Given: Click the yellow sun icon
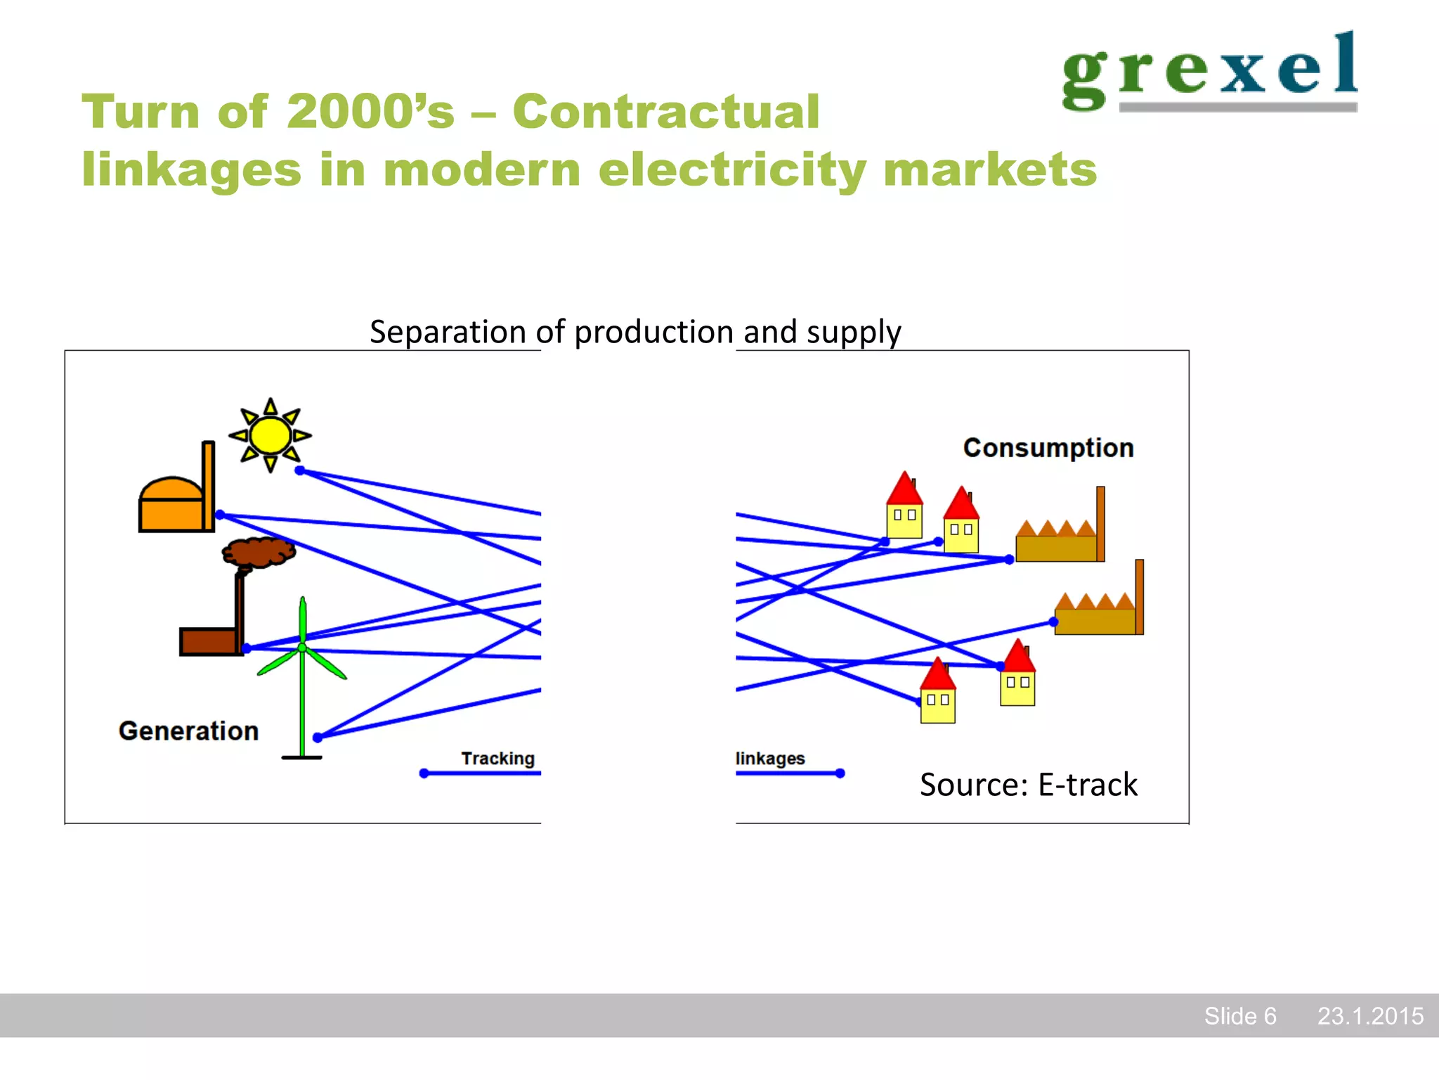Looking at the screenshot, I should coord(270,435).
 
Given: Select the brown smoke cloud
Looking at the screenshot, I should coord(258,552).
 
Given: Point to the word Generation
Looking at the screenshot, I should coord(188,731).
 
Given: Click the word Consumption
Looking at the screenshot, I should coord(1048,448).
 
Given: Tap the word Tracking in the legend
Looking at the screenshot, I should coord(497,759).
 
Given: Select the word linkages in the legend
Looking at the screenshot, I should coord(770,759).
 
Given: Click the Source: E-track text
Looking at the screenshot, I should coord(1028,785).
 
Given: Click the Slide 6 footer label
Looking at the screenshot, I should coord(1239,1016).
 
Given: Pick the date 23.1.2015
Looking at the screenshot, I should coord(1369,1016).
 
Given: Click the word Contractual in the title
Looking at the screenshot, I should coord(665,112).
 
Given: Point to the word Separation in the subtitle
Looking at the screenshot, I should coord(448,332).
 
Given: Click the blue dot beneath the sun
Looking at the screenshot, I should coord(299,470).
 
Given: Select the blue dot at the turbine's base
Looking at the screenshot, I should coord(318,738).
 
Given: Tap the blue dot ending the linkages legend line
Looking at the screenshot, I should coord(840,773).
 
